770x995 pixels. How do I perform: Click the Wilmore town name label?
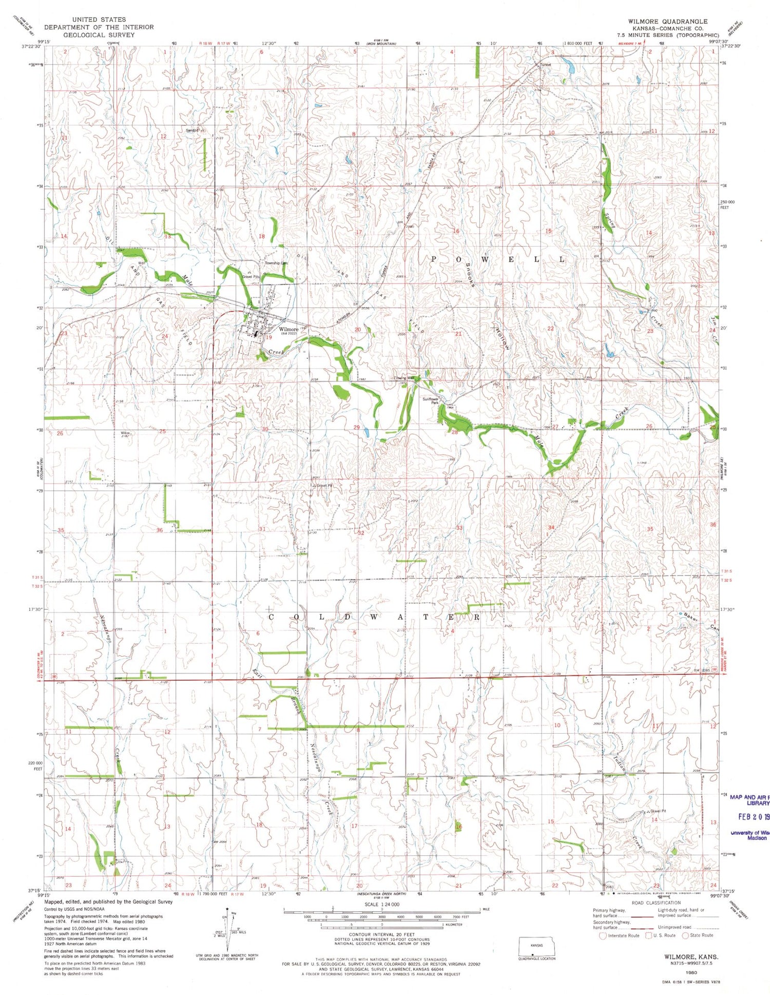pyautogui.click(x=288, y=329)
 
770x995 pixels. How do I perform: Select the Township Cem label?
pyautogui.click(x=276, y=263)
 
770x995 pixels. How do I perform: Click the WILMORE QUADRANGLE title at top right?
pyautogui.click(x=667, y=21)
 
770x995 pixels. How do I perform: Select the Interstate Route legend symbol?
pyautogui.click(x=603, y=935)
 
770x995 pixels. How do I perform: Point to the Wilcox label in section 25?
pyautogui.click(x=125, y=433)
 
